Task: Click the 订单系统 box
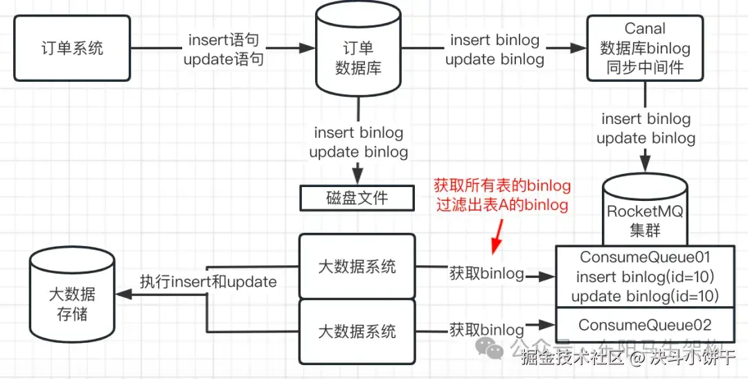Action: [x=71, y=48]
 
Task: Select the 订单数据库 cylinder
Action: [x=358, y=58]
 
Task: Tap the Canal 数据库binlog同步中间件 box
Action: [x=645, y=49]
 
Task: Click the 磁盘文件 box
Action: [x=357, y=198]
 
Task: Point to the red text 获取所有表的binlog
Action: [x=502, y=186]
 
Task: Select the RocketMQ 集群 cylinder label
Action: [x=645, y=220]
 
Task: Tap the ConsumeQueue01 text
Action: [x=645, y=257]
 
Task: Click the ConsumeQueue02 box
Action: [x=645, y=325]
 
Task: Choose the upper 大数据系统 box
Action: [x=357, y=267]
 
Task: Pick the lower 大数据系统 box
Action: [x=357, y=331]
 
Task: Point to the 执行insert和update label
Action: [x=208, y=281]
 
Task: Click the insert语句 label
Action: [x=223, y=40]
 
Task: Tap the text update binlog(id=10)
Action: [x=645, y=297]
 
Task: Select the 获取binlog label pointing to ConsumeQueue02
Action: [x=486, y=329]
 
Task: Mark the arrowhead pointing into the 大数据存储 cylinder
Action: [x=122, y=294]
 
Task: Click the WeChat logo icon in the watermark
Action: [x=494, y=350]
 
